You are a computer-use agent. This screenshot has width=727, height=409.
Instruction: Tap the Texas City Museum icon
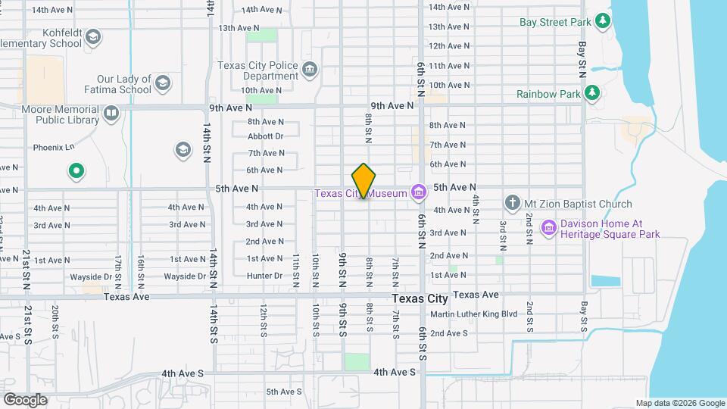click(417, 193)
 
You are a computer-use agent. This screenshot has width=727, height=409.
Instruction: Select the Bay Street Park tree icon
click(603, 21)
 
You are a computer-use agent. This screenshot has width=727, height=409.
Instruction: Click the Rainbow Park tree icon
click(593, 93)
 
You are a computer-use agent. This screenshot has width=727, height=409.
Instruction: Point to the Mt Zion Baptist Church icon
click(513, 203)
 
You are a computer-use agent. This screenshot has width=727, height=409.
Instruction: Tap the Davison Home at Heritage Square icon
click(549, 227)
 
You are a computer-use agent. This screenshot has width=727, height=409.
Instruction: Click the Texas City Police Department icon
click(310, 71)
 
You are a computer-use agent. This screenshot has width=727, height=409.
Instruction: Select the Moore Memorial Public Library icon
click(111, 114)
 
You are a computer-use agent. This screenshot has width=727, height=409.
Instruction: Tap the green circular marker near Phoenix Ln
click(76, 171)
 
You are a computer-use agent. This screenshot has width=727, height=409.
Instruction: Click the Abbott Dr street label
click(265, 136)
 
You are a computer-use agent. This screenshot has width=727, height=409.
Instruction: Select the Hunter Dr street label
click(264, 276)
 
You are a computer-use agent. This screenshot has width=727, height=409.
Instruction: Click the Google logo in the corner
click(25, 399)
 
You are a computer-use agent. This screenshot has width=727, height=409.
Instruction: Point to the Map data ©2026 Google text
click(680, 403)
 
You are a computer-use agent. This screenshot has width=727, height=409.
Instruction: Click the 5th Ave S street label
click(284, 392)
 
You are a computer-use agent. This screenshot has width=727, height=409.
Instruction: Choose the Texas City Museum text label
click(362, 194)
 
